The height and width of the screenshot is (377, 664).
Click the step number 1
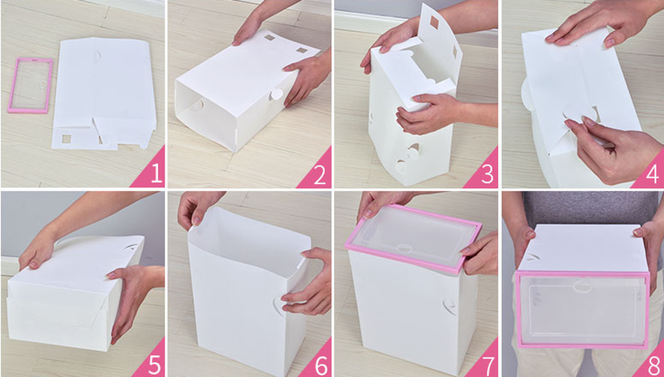pos(156,173)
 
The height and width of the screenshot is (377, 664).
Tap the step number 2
pos(320,175)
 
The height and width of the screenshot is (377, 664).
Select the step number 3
pos(488,174)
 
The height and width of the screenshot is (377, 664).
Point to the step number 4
pos(652,175)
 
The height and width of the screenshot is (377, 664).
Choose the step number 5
pos(154,365)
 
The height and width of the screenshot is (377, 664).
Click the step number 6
pos(320,365)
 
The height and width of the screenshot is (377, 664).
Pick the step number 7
pos(487,365)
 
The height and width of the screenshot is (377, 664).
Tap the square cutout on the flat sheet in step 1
pos(67,138)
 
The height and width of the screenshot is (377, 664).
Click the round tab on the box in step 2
pos(276,94)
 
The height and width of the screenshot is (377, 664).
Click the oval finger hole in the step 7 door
pos(405,249)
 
